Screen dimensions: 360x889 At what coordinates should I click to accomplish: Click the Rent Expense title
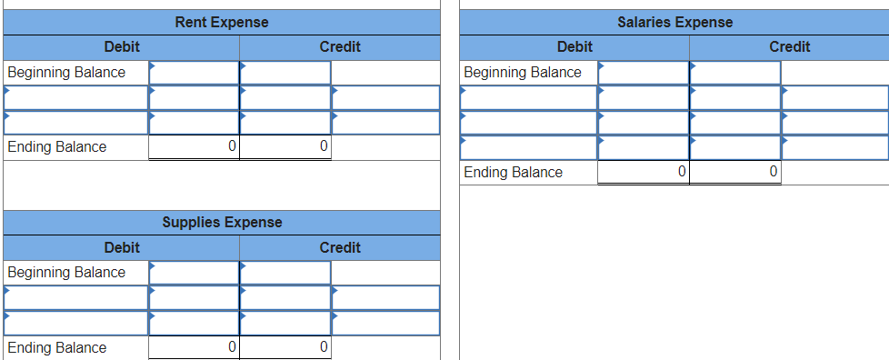pyautogui.click(x=221, y=22)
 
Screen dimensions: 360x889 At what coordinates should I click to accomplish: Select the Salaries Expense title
pyautogui.click(x=674, y=22)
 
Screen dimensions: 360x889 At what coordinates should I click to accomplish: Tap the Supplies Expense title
pyautogui.click(x=222, y=222)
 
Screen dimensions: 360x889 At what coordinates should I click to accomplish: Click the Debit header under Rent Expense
pyautogui.click(x=122, y=46)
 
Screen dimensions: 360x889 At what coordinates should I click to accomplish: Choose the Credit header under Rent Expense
pyautogui.click(x=340, y=46)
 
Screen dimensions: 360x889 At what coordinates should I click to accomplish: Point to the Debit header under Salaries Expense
pyautogui.click(x=574, y=46)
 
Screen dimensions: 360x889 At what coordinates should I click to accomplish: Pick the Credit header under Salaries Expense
pyautogui.click(x=789, y=46)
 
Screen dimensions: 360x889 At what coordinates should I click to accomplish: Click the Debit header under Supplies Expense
pyautogui.click(x=122, y=247)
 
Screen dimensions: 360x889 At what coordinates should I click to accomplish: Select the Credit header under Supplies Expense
pyautogui.click(x=340, y=247)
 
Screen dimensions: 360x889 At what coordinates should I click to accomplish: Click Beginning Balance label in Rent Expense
pyautogui.click(x=66, y=72)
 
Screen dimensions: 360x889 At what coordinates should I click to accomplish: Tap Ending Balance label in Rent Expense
pyautogui.click(x=56, y=146)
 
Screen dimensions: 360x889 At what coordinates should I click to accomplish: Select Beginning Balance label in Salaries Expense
pyautogui.click(x=523, y=72)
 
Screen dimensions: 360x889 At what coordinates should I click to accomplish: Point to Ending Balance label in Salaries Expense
pyautogui.click(x=513, y=172)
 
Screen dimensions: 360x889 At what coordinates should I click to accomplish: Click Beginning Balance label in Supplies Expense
pyautogui.click(x=66, y=272)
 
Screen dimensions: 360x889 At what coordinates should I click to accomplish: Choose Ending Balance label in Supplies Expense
pyautogui.click(x=56, y=347)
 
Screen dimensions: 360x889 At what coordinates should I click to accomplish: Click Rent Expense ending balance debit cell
pyautogui.click(x=195, y=146)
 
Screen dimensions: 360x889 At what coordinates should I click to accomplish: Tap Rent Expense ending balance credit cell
pyautogui.click(x=285, y=146)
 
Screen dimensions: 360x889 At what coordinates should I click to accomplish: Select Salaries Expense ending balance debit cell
pyautogui.click(x=644, y=172)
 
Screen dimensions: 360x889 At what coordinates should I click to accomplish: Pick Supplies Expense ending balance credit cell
pyautogui.click(x=285, y=347)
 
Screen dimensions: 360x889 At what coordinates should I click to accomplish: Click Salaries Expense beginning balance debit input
pyautogui.click(x=644, y=72)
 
